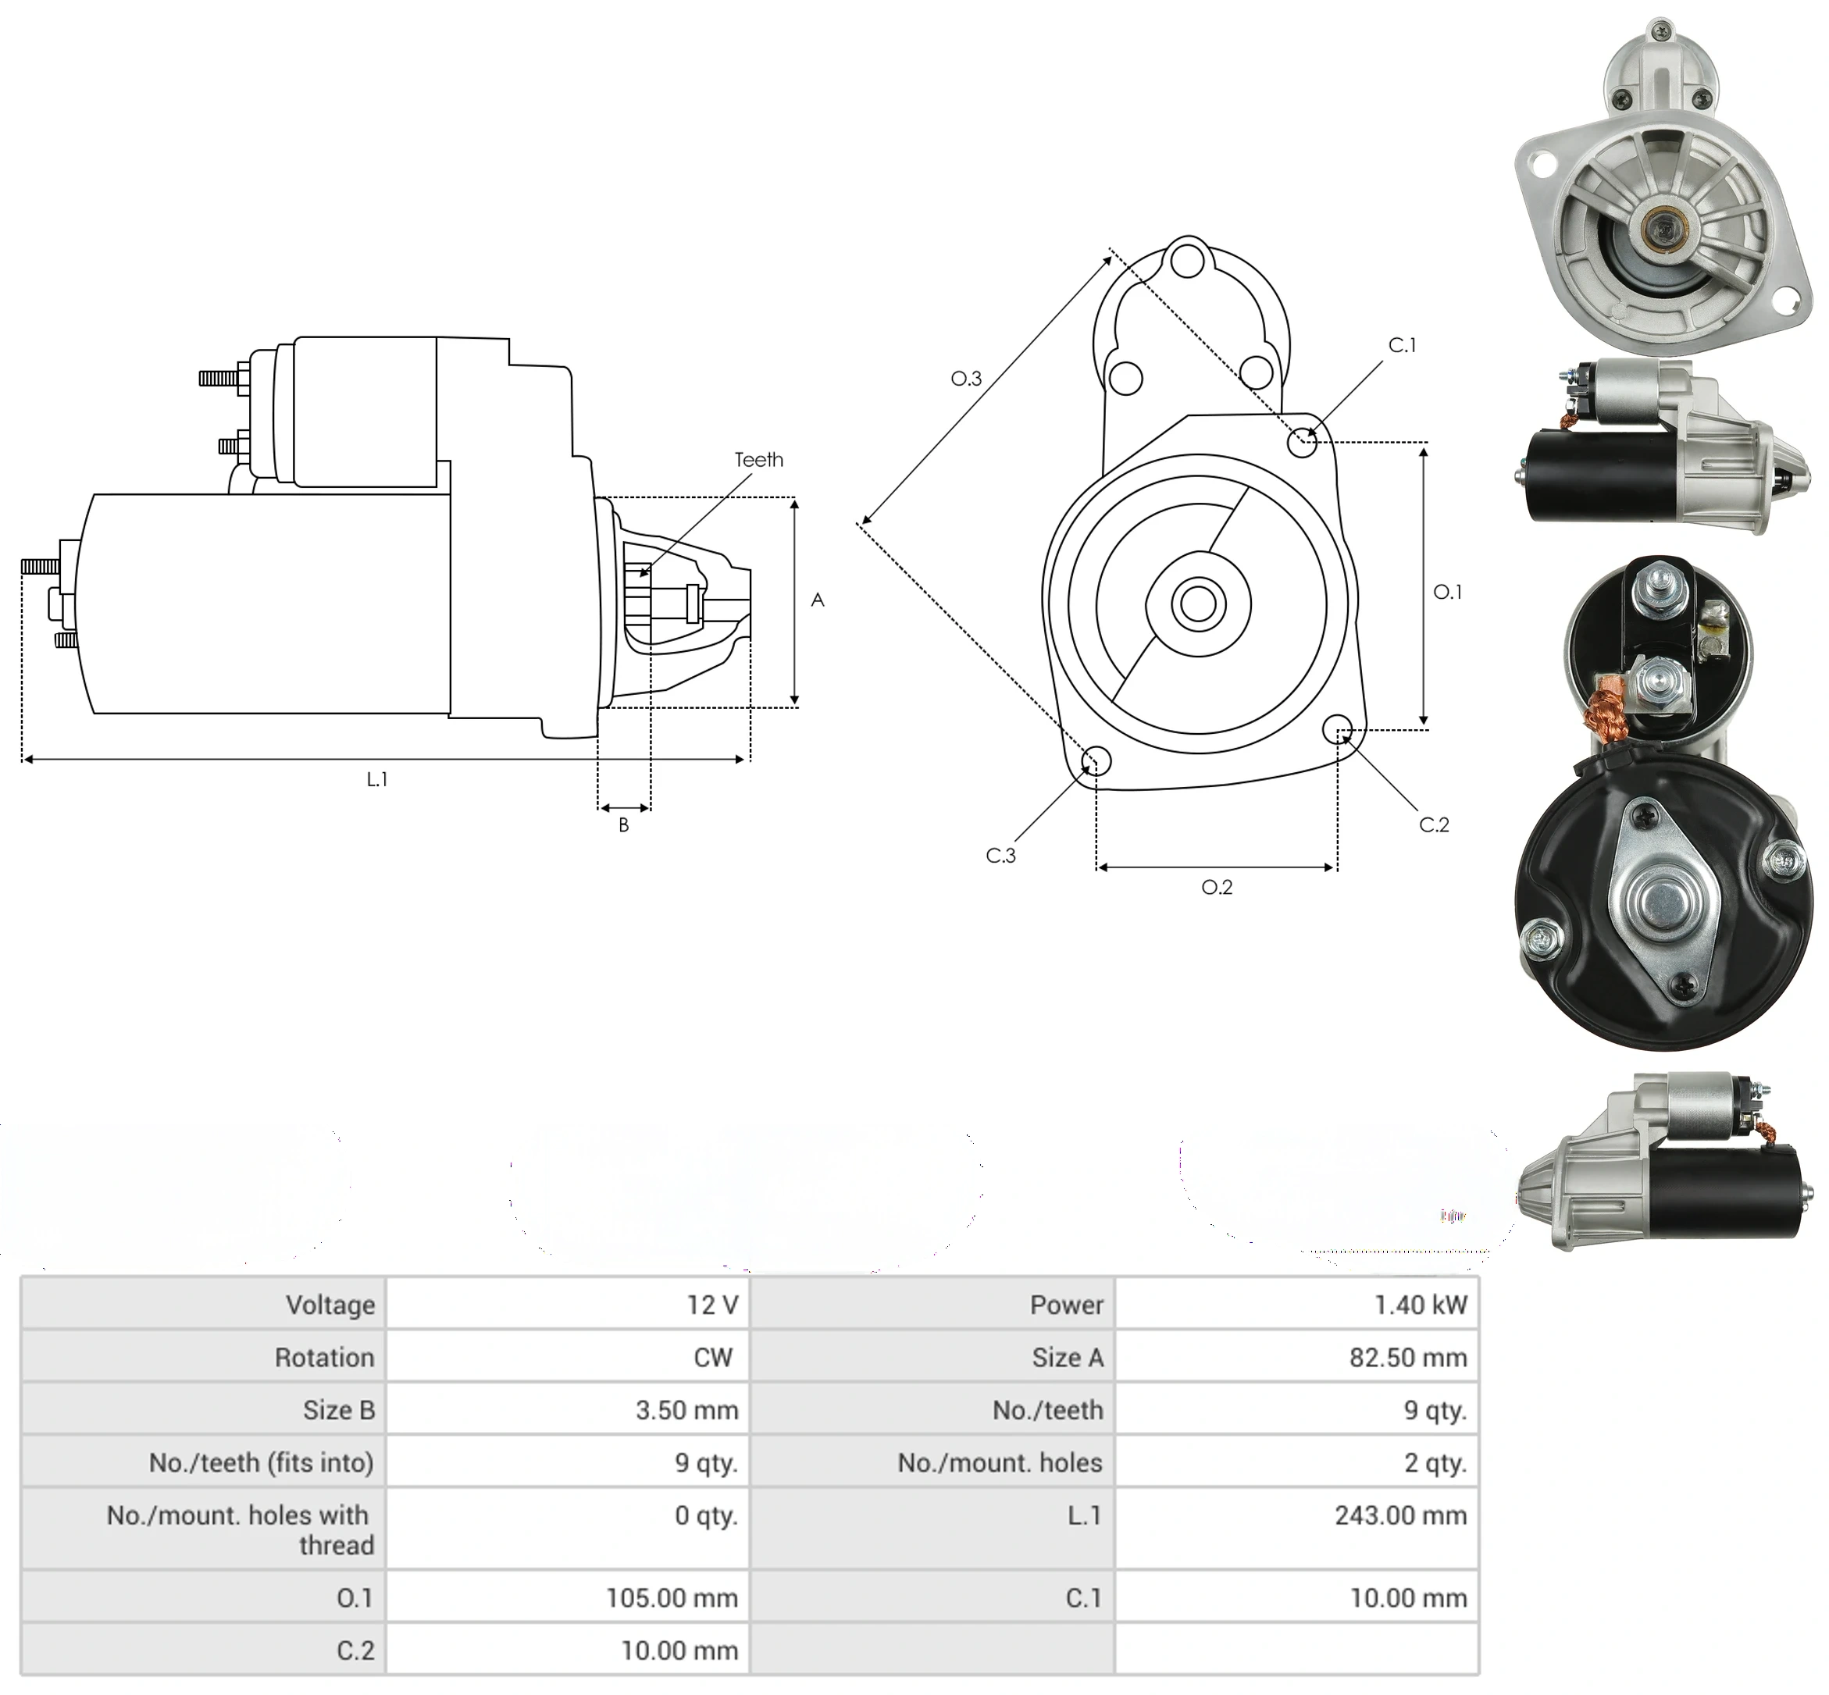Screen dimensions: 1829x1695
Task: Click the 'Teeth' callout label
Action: tap(758, 460)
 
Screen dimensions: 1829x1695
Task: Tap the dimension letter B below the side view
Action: tap(624, 824)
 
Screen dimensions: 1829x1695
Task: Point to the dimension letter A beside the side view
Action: tap(818, 600)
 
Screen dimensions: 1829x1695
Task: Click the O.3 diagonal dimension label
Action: tap(966, 378)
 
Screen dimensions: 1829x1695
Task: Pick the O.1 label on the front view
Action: tap(1447, 592)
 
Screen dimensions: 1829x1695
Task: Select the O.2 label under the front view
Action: tap(1218, 887)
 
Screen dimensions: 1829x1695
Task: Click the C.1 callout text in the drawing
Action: tap(1403, 345)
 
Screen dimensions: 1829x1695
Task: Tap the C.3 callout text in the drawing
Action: tap(1000, 855)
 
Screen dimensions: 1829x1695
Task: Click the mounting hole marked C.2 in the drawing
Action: tap(1337, 729)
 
